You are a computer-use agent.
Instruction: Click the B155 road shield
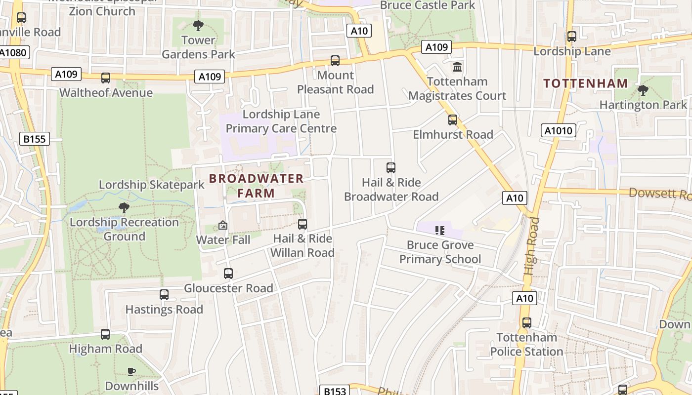35,139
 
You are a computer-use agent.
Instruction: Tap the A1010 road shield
559,131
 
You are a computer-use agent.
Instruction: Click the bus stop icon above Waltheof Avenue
106,78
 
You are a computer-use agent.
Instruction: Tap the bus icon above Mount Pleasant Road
335,61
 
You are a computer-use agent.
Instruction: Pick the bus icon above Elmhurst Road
453,120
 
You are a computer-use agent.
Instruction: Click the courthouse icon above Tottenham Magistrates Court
457,67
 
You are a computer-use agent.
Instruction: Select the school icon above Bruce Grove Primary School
440,230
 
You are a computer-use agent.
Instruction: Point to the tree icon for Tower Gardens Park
198,25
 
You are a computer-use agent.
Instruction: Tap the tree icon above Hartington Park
643,90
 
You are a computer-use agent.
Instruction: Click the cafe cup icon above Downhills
131,371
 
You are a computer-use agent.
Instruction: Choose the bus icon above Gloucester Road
228,274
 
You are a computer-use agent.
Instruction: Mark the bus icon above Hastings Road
164,295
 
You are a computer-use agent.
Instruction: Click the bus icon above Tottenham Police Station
527,323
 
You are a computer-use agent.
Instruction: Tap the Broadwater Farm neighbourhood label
256,186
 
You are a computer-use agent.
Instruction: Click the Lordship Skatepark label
151,185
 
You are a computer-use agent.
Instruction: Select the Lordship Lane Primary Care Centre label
281,121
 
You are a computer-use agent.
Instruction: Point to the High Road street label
532,246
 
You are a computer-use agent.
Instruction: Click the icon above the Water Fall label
223,226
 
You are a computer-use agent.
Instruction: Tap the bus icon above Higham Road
105,334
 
